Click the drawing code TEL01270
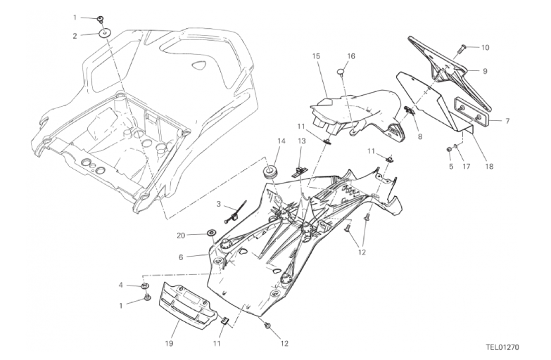pyautogui.click(x=502, y=347)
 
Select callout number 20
pyautogui.click(x=181, y=236)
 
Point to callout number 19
pyautogui.click(x=169, y=343)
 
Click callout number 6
pyautogui.click(x=181, y=257)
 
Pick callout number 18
pyautogui.click(x=489, y=165)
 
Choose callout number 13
pyautogui.click(x=301, y=141)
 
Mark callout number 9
pyautogui.click(x=485, y=71)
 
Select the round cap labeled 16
pyautogui.click(x=341, y=72)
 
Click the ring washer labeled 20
pyautogui.click(x=212, y=233)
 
